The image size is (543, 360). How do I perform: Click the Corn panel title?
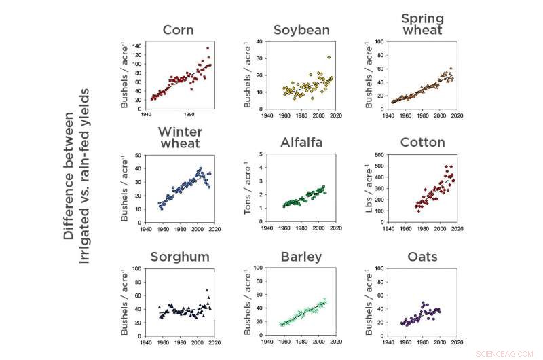coord(179,30)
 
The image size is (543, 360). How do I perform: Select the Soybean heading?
coord(301,30)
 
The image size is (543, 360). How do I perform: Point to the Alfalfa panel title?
coord(301,143)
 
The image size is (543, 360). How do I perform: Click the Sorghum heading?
coord(179,257)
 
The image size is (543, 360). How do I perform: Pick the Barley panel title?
coord(301,257)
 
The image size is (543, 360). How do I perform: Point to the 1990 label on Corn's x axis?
coord(190,115)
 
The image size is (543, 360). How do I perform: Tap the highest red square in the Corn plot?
coord(208,48)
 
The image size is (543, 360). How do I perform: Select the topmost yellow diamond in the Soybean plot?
coord(329,58)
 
